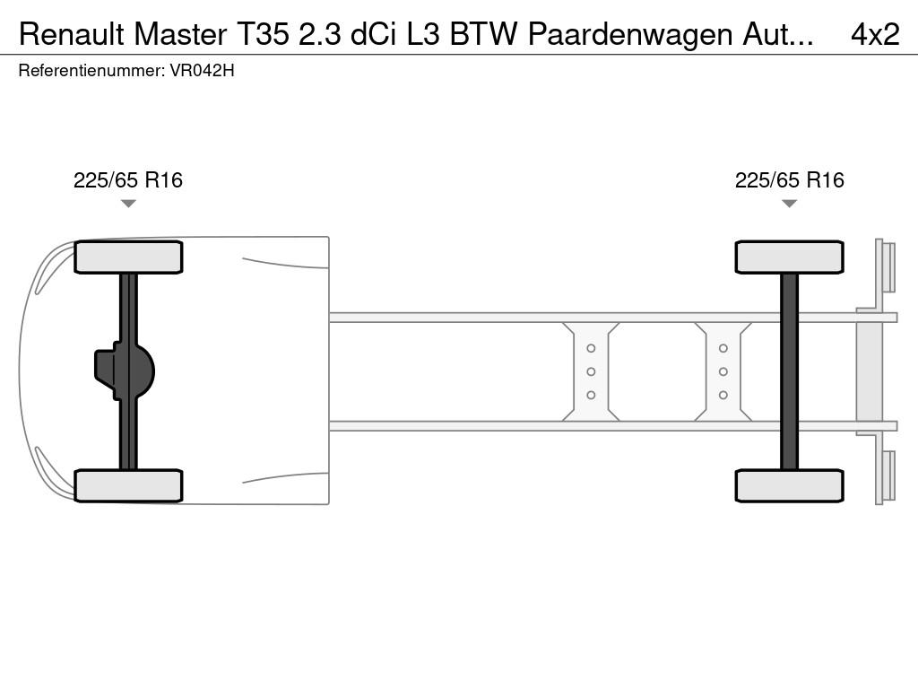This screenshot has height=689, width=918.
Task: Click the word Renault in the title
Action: [72, 34]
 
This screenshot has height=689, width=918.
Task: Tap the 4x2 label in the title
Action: [874, 34]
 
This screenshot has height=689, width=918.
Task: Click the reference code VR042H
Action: [202, 71]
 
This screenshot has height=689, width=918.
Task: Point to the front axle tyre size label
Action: [128, 180]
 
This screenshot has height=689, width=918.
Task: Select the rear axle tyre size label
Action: [789, 180]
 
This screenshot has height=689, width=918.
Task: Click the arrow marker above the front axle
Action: [128, 204]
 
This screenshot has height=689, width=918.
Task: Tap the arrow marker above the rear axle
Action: [789, 204]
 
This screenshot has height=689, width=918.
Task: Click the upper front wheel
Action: [128, 257]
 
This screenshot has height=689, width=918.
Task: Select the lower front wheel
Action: [128, 485]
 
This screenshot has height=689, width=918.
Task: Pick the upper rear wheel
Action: [789, 257]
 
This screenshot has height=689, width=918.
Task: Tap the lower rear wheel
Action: [789, 485]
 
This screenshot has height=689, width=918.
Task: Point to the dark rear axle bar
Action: [789, 371]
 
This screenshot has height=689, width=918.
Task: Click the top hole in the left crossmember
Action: [591, 348]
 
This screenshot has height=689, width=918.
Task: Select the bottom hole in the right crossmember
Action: [723, 395]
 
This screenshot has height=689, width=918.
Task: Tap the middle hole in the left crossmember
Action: [591, 371]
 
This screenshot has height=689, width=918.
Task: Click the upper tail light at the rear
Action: [888, 267]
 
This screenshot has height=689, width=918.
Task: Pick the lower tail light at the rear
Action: [888, 475]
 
